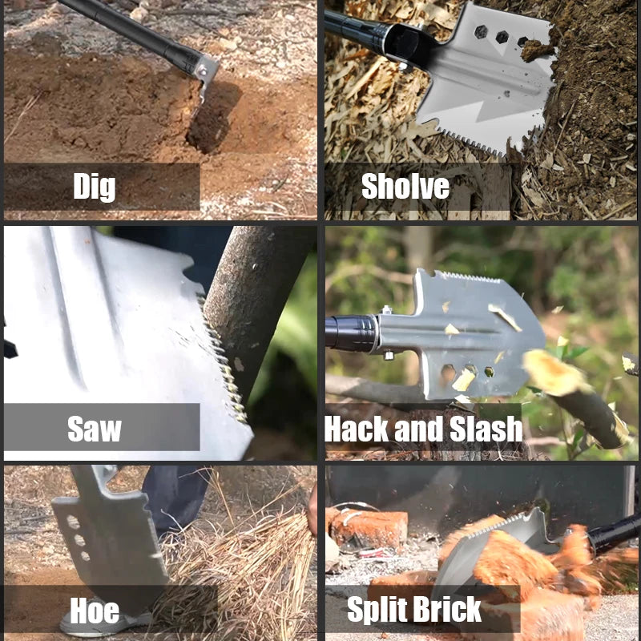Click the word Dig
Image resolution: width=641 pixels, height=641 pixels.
(x=95, y=187)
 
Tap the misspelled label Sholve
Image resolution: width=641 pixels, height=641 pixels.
(x=405, y=186)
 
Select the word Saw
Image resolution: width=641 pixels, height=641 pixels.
(x=95, y=429)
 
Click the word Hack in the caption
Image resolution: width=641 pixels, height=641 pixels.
(x=357, y=429)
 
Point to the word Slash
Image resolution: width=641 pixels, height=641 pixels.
(x=486, y=429)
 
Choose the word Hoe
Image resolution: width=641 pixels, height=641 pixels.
(x=95, y=611)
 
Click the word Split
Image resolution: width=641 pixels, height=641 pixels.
(x=377, y=610)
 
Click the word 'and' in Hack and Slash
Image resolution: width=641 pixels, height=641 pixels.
(x=418, y=429)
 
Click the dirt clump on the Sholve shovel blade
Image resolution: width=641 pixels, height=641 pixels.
(x=537, y=50)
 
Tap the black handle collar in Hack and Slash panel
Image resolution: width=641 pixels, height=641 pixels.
(x=353, y=333)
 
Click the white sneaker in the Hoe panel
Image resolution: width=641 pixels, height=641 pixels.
(x=105, y=624)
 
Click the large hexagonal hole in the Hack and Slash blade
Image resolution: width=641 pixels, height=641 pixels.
(x=448, y=374)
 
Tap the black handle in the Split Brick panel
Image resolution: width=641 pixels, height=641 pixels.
(x=614, y=533)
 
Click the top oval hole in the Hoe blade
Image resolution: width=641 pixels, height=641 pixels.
(x=73, y=522)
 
